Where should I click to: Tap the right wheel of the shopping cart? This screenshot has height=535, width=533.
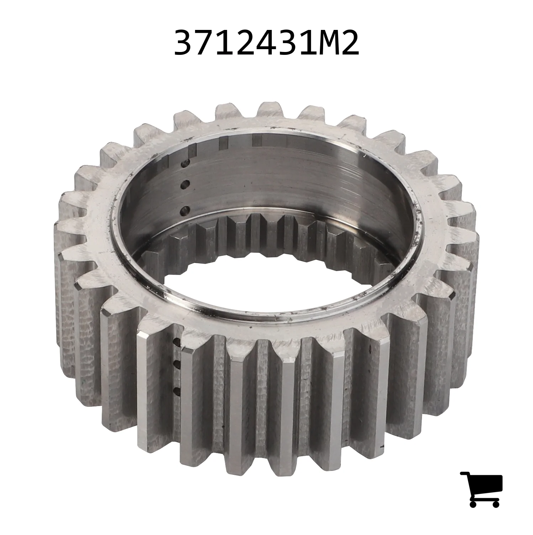(496, 503)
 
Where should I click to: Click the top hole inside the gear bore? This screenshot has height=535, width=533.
(184, 164)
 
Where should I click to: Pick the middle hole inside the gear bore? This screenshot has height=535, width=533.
(184, 185)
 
